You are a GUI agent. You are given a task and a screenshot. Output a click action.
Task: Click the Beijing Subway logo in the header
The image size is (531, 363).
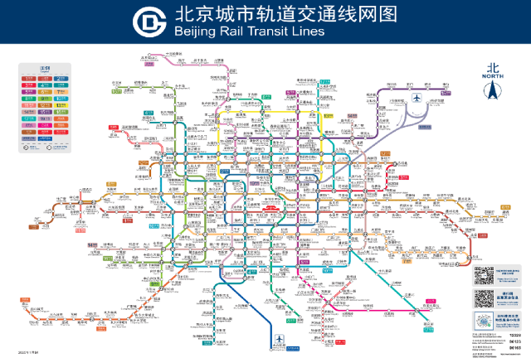coord(152,22)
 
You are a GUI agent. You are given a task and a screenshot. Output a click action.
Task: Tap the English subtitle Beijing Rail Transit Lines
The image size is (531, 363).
coord(250,31)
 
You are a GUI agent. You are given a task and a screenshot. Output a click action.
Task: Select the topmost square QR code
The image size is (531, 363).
coord(484,275)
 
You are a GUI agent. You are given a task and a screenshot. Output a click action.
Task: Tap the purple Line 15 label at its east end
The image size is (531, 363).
coord(446,93)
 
